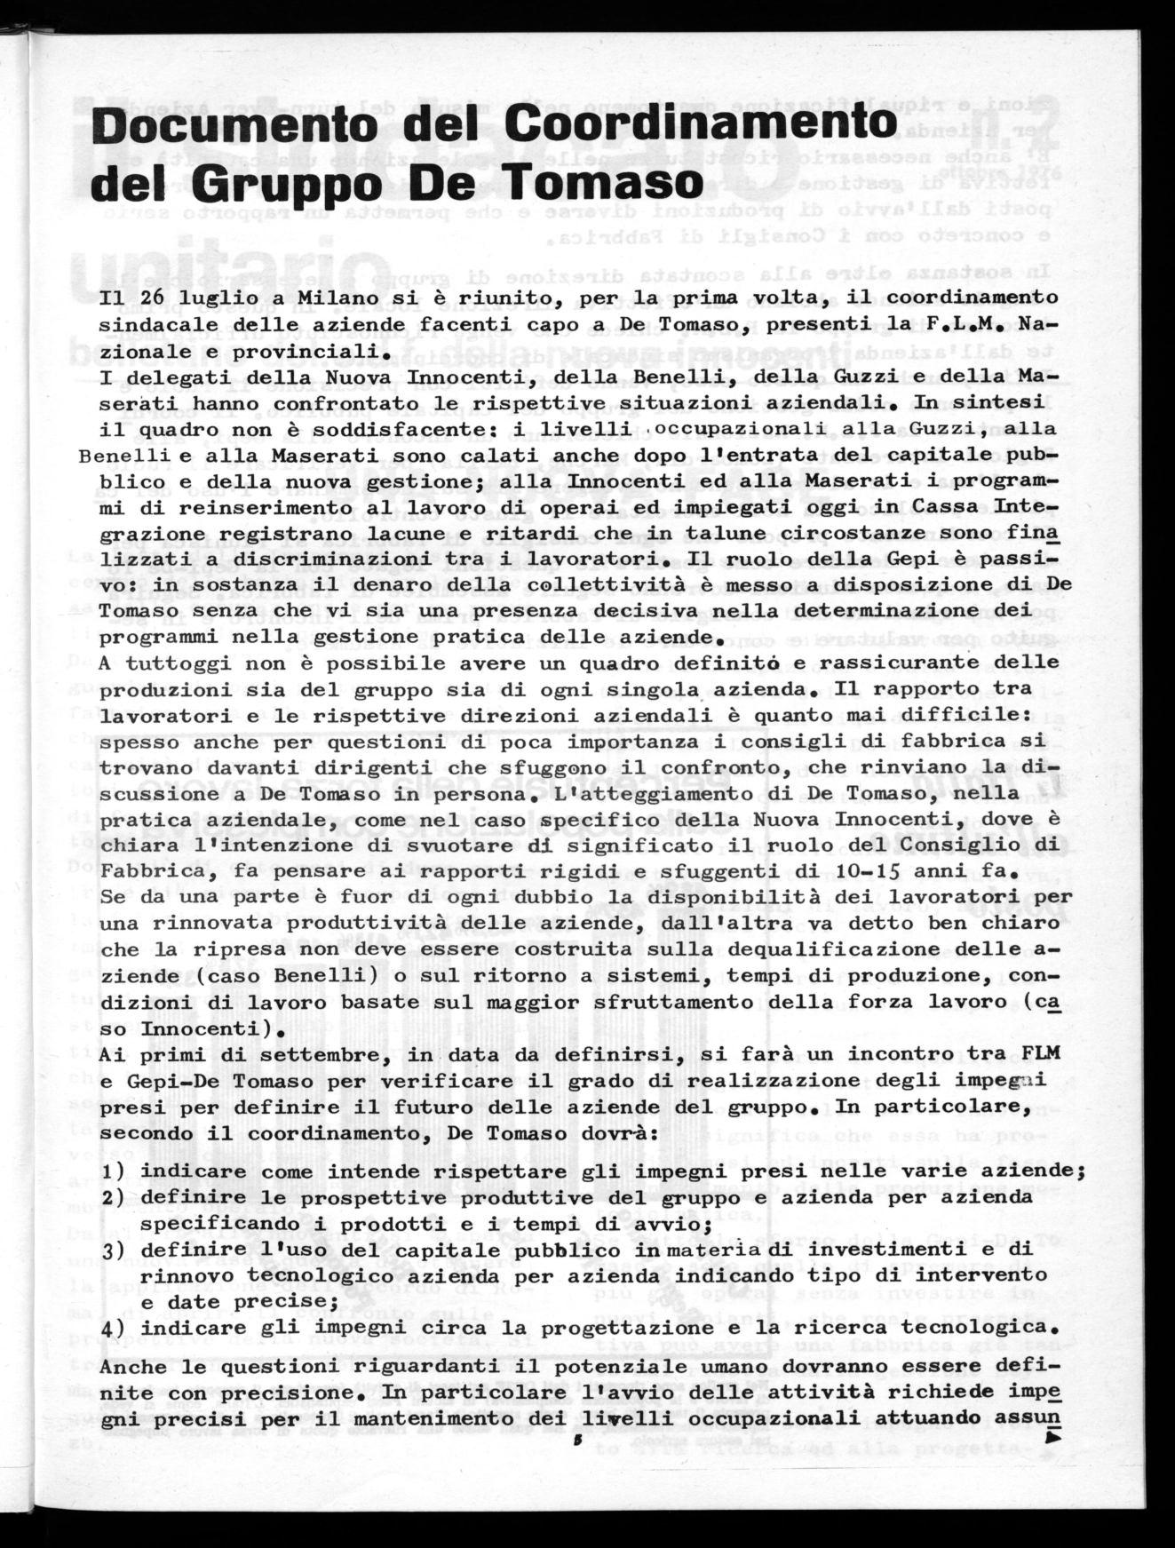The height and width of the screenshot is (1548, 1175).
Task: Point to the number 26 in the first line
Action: point(162,296)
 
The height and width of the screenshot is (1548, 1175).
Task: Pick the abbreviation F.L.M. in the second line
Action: point(973,323)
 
